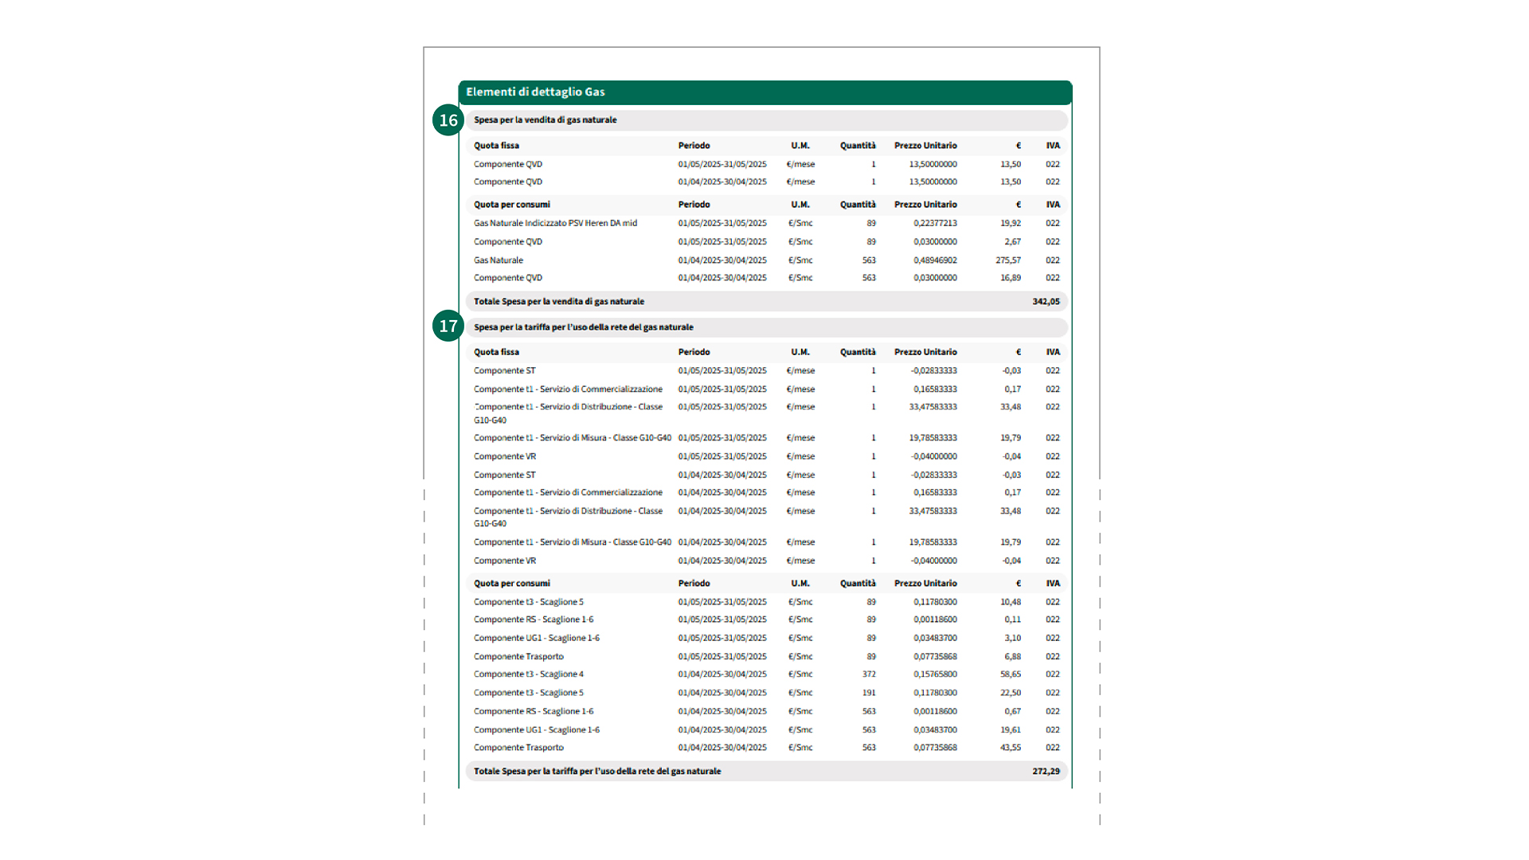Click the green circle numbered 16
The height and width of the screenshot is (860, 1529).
[x=448, y=120]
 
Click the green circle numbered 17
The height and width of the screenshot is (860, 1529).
[x=448, y=326]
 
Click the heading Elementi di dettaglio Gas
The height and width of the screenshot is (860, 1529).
[x=535, y=92]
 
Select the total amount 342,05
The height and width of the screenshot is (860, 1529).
[x=1046, y=302]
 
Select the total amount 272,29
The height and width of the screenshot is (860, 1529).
[x=1046, y=772]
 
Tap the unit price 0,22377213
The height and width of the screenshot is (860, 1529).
[x=935, y=224]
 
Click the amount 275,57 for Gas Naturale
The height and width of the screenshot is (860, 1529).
[x=1008, y=260]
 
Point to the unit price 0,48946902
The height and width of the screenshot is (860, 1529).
[x=935, y=260]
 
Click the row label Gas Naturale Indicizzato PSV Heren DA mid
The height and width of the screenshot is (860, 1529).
[x=555, y=224]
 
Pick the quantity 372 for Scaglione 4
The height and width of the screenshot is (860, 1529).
[x=869, y=674]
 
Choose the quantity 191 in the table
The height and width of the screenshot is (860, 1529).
[x=869, y=693]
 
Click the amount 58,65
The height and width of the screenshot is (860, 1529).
[x=1011, y=674]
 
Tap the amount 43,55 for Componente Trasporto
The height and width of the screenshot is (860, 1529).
[x=1011, y=748]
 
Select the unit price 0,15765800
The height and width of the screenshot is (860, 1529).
[x=935, y=674]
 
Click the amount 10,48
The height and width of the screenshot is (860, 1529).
[x=1011, y=602]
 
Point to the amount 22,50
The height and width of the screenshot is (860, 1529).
[x=1011, y=693]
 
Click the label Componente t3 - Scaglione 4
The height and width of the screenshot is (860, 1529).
[x=529, y=674]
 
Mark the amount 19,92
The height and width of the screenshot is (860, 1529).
[x=1011, y=224]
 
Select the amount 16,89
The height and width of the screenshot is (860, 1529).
[x=1011, y=278]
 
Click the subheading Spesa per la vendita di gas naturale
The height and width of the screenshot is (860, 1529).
[x=546, y=120]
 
